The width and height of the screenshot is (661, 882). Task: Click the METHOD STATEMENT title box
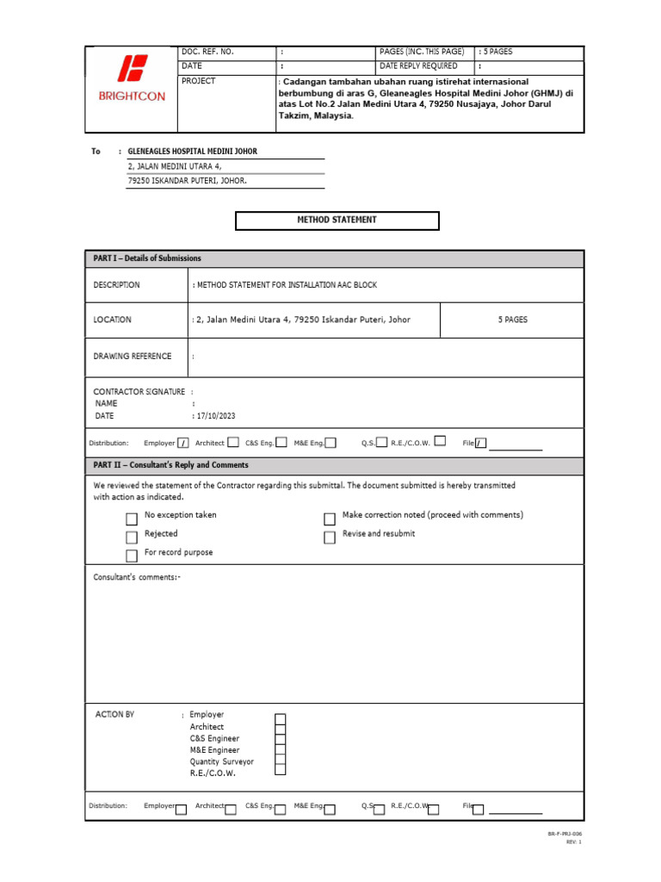[x=337, y=220]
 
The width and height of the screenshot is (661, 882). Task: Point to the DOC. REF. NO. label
[x=207, y=53]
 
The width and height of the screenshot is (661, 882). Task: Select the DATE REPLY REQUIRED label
[x=419, y=66]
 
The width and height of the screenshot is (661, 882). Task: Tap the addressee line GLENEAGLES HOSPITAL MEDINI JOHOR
[x=192, y=152]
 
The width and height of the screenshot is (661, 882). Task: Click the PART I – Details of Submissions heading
[x=147, y=258]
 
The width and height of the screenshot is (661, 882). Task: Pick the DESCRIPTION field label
[x=117, y=285]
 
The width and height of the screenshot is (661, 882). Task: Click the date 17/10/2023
[x=215, y=416]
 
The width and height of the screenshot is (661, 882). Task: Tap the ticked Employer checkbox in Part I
[x=183, y=444]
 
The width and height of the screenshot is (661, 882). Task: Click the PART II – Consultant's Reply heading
[x=170, y=465]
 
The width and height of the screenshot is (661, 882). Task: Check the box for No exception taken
[x=132, y=519]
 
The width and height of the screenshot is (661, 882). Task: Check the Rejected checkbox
[x=132, y=537]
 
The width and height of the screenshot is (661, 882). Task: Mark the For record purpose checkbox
[x=132, y=556]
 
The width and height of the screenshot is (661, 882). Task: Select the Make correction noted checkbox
[x=330, y=519]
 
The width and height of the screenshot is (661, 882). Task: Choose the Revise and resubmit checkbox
[x=330, y=537]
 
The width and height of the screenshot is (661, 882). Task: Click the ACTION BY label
[x=114, y=715]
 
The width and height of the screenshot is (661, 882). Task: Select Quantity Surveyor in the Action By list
[x=222, y=761]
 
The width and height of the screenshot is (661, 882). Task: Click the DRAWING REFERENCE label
[x=133, y=357]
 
